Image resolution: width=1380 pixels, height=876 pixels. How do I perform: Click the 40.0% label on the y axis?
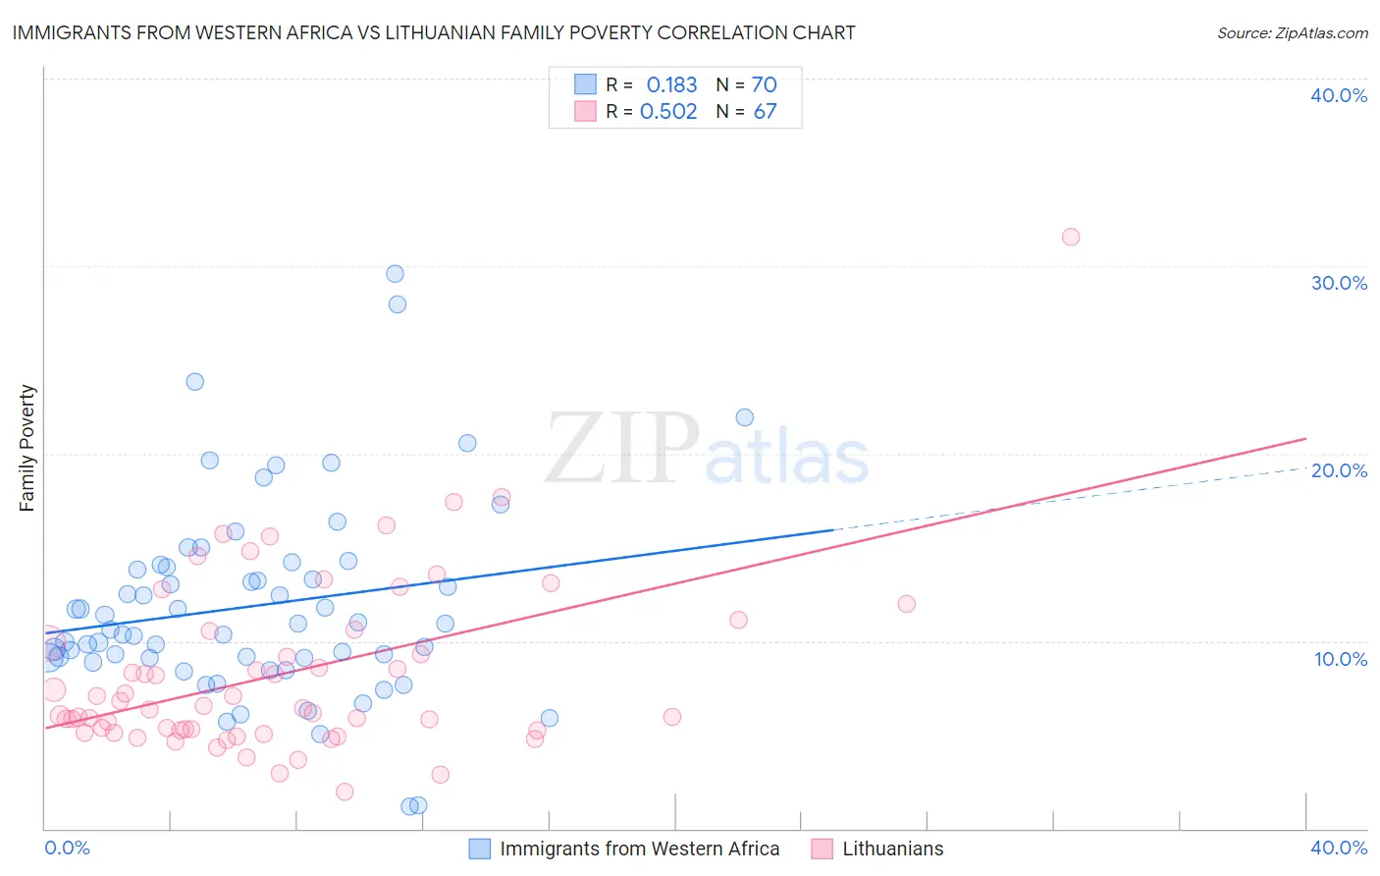(1339, 95)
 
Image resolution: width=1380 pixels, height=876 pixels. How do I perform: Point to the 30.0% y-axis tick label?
(1339, 283)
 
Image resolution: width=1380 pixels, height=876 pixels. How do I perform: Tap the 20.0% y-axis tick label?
(1339, 470)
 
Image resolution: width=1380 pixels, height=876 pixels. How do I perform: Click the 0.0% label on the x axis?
(67, 848)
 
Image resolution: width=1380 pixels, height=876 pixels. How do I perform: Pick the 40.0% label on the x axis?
(1339, 848)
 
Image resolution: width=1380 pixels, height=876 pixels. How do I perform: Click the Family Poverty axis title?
(27, 448)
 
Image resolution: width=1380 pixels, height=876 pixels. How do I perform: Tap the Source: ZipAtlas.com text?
(1292, 32)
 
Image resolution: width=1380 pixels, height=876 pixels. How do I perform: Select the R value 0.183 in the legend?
(671, 84)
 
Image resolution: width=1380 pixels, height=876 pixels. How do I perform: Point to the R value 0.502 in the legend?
(668, 111)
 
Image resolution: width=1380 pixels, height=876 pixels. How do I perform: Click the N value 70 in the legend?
(764, 84)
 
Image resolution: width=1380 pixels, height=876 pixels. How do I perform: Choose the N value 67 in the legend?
(765, 111)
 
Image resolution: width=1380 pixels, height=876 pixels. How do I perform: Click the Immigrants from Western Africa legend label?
(639, 849)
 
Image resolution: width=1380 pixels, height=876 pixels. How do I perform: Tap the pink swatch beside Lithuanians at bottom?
(823, 849)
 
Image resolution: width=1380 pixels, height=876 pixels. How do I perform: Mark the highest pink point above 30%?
(1071, 237)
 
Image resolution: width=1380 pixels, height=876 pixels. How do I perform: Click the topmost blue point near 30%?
(395, 274)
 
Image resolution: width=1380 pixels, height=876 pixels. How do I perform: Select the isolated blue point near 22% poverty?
(745, 417)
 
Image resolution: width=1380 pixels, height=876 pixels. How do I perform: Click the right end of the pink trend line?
(1305, 438)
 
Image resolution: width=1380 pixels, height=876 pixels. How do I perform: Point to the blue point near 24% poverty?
(195, 382)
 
